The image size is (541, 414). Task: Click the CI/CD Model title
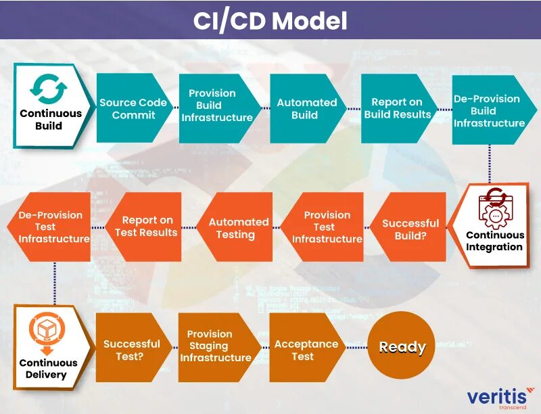coord(270,20)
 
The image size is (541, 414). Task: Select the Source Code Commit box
coord(133,108)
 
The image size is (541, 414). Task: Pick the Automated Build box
coord(306,108)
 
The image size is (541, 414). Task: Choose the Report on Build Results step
coord(397,108)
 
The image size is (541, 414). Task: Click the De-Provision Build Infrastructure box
coord(489,110)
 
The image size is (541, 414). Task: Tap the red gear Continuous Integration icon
coord(496,208)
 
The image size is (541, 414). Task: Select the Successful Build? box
coord(410,229)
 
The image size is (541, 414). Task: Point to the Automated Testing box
coord(237,228)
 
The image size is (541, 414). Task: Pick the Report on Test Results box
coord(145,227)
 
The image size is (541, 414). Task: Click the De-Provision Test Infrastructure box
coord(53,227)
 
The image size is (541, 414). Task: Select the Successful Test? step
coord(131,348)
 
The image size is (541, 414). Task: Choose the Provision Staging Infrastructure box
coord(215,346)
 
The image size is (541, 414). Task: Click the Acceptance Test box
coord(306,349)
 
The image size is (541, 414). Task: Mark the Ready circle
coord(402,347)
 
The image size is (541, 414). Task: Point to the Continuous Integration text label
coord(494,241)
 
